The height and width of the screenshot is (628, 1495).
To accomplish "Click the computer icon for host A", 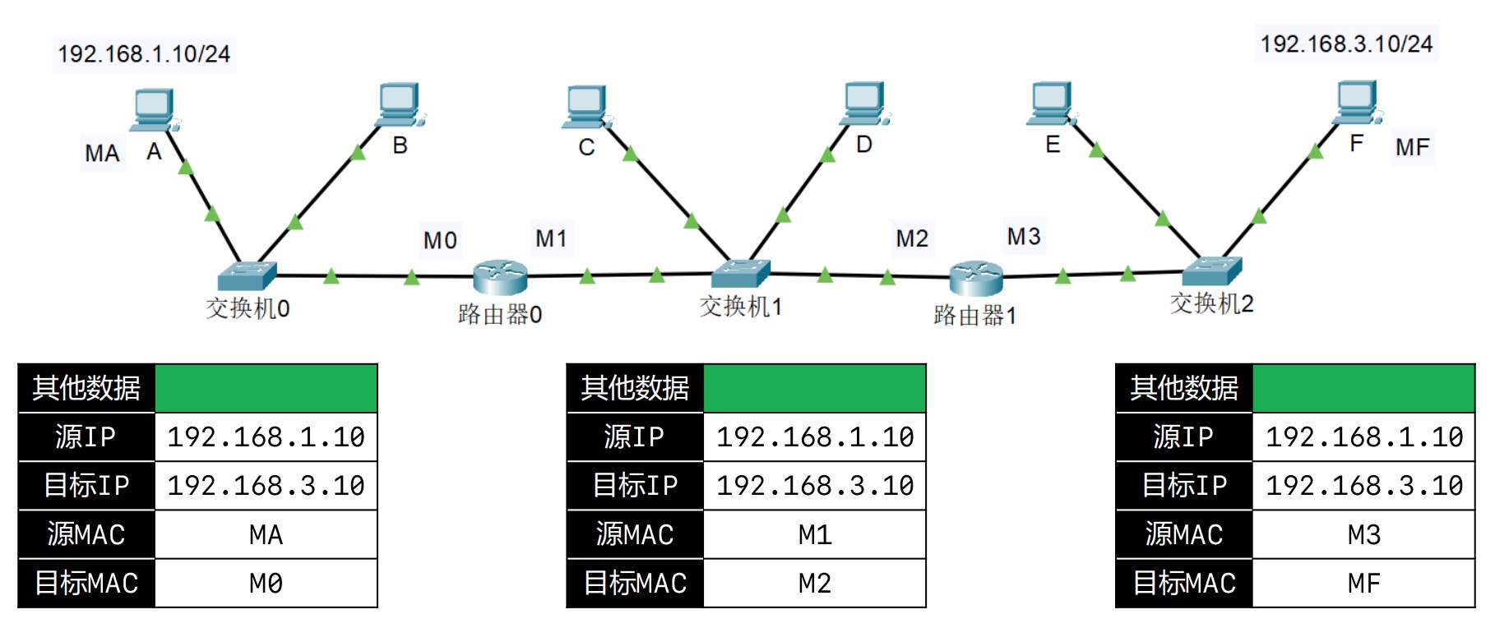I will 154,109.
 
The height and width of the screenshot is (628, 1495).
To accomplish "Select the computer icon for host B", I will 400,104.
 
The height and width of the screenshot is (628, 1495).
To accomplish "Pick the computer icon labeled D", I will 865,103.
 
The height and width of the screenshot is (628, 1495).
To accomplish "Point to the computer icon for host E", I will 1051,104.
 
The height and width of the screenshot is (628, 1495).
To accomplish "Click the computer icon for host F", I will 1357,102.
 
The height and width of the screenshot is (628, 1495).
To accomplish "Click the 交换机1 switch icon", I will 740,273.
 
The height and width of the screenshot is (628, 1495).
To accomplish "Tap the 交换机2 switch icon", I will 1211,270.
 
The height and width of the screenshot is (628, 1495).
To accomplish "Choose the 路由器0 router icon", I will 500,277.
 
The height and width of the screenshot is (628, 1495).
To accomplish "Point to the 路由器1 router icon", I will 976,278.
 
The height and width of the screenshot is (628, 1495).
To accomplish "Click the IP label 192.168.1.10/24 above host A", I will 144,54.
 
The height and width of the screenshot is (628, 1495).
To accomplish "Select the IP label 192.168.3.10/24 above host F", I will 1347,44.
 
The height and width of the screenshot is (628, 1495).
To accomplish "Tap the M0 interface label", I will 440,240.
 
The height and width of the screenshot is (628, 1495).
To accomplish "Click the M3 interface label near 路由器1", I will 1024,237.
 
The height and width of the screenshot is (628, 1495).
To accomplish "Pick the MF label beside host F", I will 1413,147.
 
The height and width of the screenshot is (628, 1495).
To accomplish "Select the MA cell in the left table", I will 266,534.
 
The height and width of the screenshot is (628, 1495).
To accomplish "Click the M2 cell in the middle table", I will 814,583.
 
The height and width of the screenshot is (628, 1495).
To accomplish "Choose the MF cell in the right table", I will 1363,583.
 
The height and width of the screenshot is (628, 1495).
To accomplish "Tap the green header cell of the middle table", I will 814,388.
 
